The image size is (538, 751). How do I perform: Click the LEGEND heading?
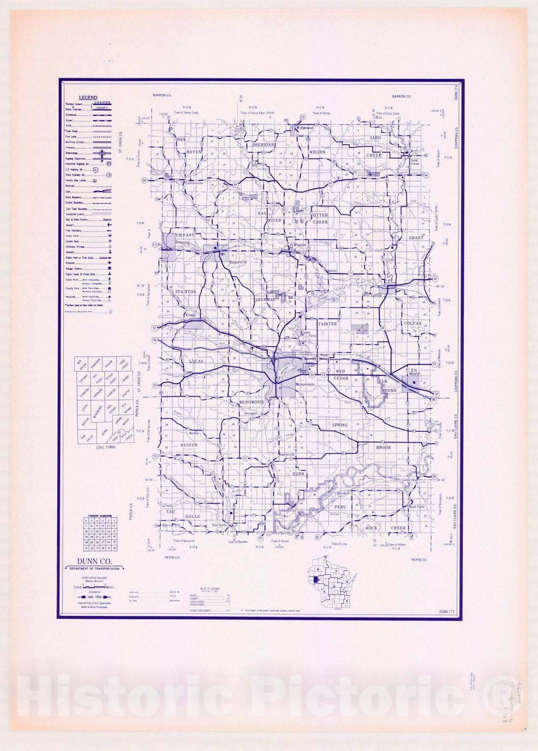[88, 98]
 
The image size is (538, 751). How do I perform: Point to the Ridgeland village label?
[304, 128]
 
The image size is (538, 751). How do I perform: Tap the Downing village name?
[182, 243]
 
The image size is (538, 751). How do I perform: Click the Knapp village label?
[190, 315]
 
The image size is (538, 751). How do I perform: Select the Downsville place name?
[287, 454]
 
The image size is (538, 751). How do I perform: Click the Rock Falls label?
[417, 507]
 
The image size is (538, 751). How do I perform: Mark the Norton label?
[332, 271]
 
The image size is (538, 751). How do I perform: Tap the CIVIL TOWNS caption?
[106, 447]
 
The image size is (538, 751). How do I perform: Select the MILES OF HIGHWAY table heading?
[209, 588]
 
